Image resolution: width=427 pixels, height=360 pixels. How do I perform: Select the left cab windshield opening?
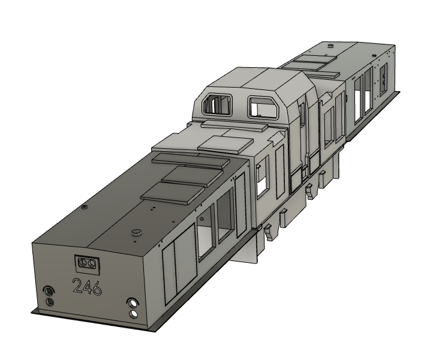tap(219, 104)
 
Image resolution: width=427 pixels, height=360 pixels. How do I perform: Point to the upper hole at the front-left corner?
tap(49, 292)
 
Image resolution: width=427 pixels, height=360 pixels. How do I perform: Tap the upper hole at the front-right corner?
tap(133, 304)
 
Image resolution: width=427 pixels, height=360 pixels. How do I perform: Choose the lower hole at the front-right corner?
tap(133, 313)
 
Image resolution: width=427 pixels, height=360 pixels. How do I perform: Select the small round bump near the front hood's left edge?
tap(85, 206)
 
